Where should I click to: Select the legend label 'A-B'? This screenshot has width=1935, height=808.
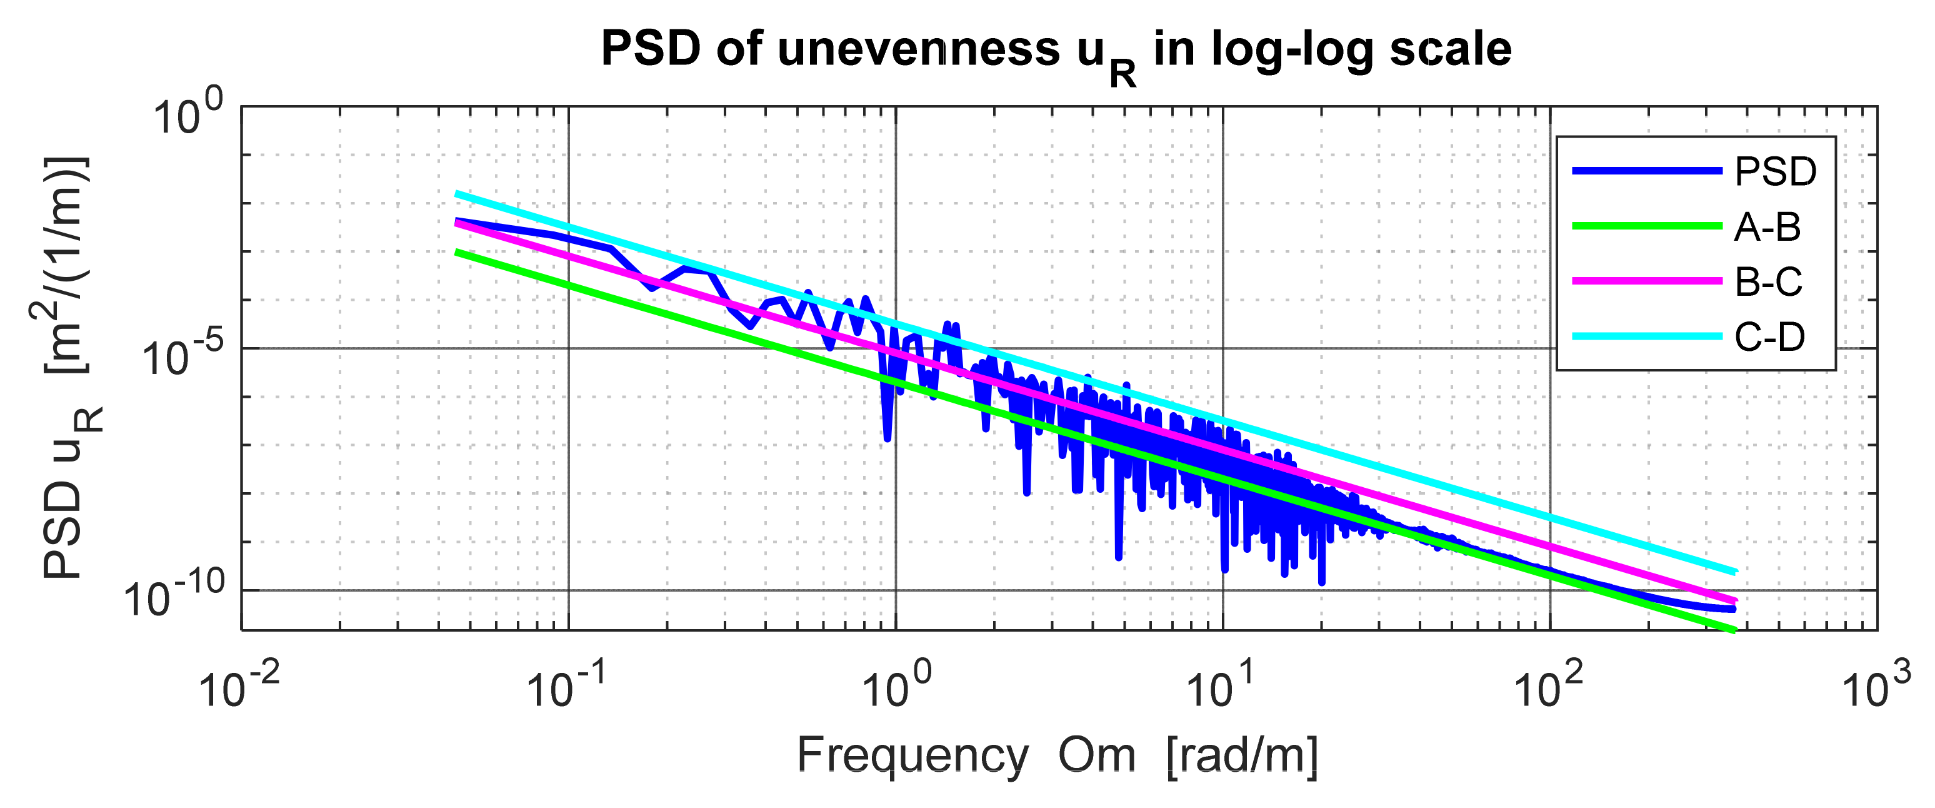pos(1767,227)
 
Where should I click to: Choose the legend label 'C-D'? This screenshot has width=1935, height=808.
pos(1769,336)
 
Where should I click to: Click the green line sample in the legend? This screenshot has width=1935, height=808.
pos(1646,226)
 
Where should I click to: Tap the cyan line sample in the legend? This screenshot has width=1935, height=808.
pos(1646,336)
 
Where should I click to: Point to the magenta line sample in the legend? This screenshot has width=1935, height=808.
pos(1646,281)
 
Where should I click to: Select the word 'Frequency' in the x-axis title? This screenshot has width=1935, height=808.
pos(912,755)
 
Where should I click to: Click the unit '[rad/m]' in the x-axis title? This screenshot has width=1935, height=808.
pos(1243,755)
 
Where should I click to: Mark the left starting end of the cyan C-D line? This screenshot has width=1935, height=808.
pos(457,194)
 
